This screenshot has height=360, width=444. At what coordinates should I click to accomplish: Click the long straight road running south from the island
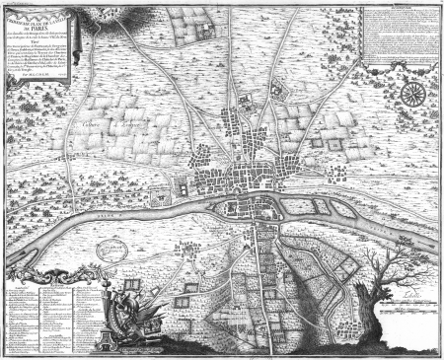261,286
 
